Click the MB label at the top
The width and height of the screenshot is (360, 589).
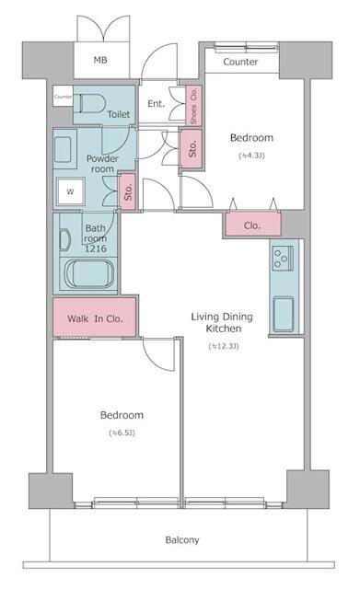[x=100, y=63]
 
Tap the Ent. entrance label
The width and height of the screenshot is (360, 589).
[x=156, y=104]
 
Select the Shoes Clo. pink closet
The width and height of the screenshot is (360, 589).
[x=193, y=104]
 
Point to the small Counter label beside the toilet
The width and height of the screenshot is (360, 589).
[x=63, y=97]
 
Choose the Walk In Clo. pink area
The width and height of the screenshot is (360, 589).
[x=96, y=318]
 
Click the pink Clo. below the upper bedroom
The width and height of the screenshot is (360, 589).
[x=251, y=225]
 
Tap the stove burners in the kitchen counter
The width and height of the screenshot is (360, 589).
[x=282, y=259]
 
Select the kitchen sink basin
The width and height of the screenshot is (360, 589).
[x=282, y=316]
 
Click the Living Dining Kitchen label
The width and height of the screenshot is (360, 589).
[x=217, y=322]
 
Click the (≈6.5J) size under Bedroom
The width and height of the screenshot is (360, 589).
[x=122, y=433]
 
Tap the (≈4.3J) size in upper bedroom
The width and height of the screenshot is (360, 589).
[x=251, y=156]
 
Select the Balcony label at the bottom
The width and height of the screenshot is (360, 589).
[x=181, y=540]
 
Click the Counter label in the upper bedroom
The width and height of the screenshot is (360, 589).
[x=240, y=63]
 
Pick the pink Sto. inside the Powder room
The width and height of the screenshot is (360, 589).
[x=129, y=192]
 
